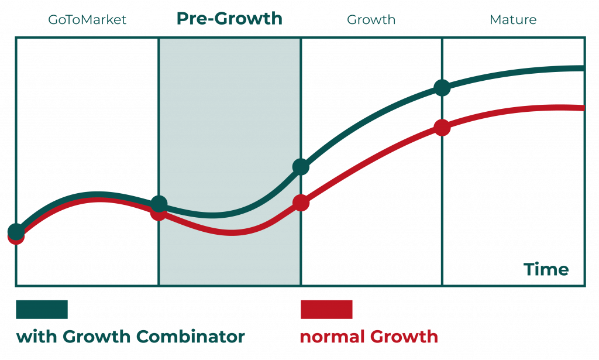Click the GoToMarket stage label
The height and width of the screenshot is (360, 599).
click(87, 20)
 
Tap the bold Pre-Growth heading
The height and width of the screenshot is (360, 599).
click(229, 19)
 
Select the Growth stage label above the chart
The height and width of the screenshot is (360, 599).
click(371, 20)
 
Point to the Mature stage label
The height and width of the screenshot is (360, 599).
click(512, 20)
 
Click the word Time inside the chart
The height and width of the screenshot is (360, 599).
click(546, 270)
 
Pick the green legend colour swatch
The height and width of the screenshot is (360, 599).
click(42, 309)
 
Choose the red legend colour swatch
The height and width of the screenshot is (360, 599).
click(326, 309)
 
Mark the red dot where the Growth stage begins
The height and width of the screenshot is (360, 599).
click(301, 203)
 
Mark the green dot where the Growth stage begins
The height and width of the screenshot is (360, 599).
click(301, 167)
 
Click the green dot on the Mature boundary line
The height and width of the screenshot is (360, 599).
click(442, 88)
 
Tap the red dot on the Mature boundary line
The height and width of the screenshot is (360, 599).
click(442, 127)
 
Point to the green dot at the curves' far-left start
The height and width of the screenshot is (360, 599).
click(16, 231)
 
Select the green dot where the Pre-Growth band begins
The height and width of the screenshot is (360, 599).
click(159, 205)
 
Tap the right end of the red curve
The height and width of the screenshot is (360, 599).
click(582, 108)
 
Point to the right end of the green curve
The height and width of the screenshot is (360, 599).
click(582, 68)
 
